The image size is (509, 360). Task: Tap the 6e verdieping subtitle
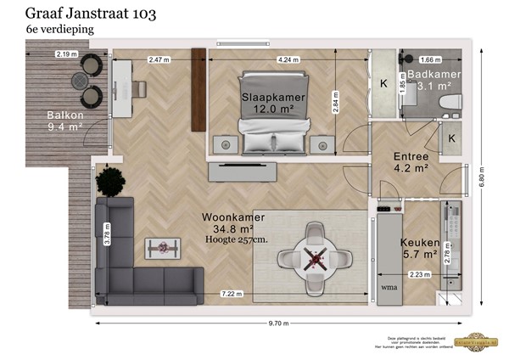click(x=60, y=30)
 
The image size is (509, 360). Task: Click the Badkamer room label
click(x=433, y=80)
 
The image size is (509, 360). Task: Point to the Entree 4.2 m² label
click(x=411, y=161)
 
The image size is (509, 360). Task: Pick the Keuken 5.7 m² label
click(x=418, y=247)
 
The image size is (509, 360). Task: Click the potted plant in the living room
click(x=110, y=182)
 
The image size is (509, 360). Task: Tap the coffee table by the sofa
click(x=162, y=247)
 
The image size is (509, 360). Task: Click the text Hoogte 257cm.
click(x=235, y=240)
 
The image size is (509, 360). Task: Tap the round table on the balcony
click(x=82, y=80)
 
